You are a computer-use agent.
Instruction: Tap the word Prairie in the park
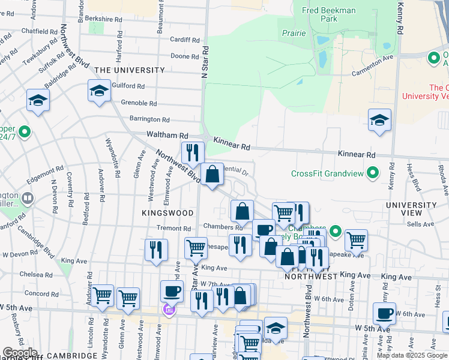tap(294, 34)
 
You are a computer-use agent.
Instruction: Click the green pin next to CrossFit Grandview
tap(373, 173)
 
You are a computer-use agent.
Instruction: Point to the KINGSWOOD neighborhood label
tap(167, 213)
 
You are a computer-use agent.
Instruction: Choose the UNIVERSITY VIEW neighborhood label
tap(411, 209)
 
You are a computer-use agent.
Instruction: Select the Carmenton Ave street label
tap(372, 59)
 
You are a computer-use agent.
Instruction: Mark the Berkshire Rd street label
tap(104, 19)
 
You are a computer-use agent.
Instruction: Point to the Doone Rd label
tap(180, 56)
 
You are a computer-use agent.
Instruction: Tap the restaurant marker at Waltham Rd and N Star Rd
tap(193, 153)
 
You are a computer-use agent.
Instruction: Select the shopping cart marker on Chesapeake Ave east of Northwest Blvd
tap(356, 240)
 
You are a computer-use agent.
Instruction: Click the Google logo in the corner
tap(20, 353)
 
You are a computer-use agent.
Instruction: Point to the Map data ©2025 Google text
tap(411, 355)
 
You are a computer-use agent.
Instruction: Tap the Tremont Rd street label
tap(173, 229)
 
